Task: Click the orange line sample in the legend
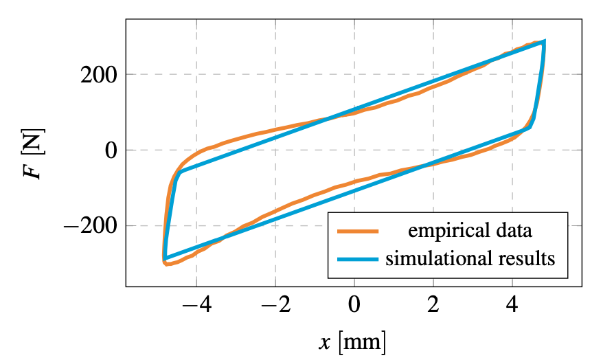coord(357,231)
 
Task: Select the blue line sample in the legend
coord(357,259)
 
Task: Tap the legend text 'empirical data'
coord(470,231)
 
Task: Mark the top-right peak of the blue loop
coord(545,42)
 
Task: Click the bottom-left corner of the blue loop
coord(165,258)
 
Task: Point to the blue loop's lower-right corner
coord(530,126)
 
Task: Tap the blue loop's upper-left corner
coord(178,173)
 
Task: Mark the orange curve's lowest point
coord(167,264)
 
